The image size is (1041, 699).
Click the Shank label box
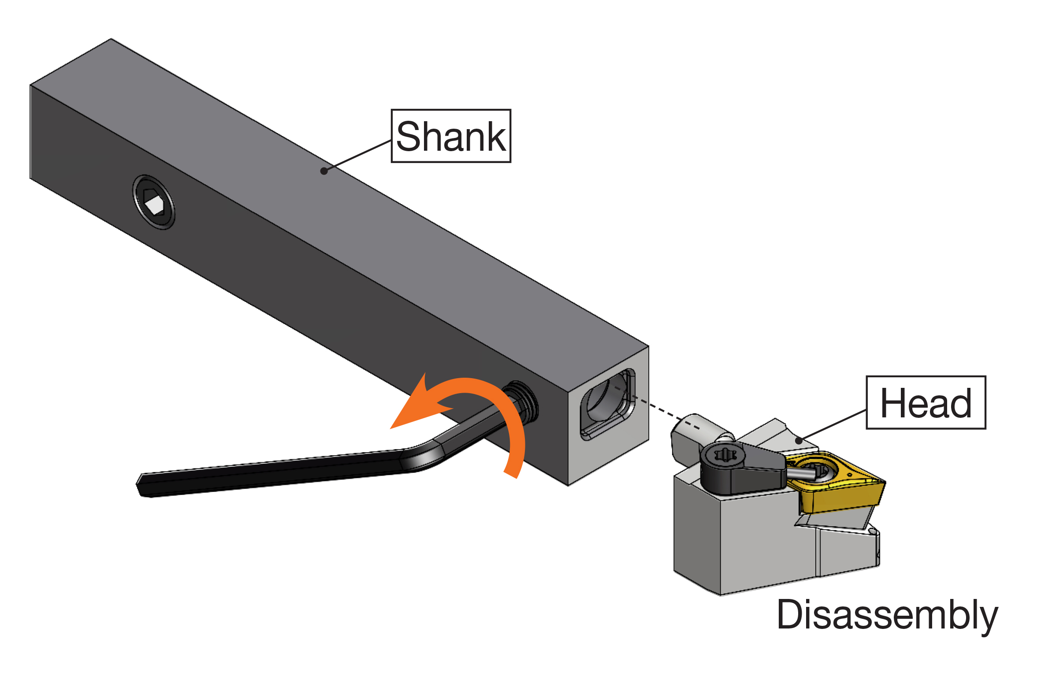451,136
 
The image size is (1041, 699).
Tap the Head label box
926,402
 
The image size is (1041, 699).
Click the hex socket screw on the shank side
154,202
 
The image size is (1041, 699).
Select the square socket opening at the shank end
608,403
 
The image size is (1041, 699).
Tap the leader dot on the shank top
324,171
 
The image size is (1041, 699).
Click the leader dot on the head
799,441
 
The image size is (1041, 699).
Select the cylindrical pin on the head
695,430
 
